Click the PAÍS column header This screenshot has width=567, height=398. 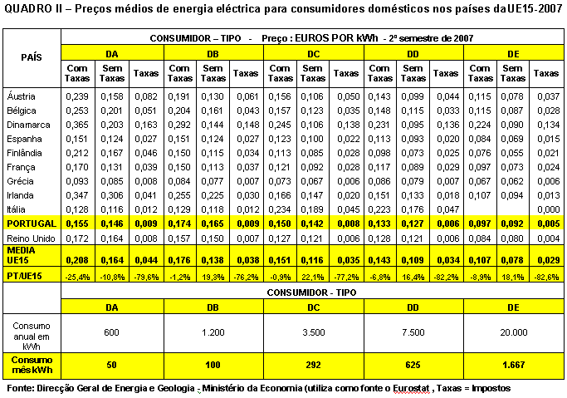32,57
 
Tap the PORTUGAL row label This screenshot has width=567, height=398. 32,224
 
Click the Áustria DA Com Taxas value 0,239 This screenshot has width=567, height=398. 77,96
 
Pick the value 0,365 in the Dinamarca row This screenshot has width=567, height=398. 77,125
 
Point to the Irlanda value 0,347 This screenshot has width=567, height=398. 77,195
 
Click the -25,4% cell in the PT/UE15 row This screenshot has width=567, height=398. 77,278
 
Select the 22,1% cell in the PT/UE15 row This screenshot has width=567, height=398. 313,278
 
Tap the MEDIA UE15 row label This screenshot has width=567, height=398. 21,255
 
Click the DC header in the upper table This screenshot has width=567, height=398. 314,54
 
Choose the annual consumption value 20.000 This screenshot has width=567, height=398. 514,332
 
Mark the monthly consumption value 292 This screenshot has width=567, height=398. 313,365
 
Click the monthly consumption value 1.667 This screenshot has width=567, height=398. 514,365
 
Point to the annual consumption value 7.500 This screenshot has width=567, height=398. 413,332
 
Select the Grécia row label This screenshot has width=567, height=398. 20,181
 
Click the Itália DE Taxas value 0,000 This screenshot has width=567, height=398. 549,209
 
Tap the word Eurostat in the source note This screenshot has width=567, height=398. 411,389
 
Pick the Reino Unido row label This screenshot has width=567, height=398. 31,238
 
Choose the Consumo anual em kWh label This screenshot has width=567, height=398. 32,337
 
